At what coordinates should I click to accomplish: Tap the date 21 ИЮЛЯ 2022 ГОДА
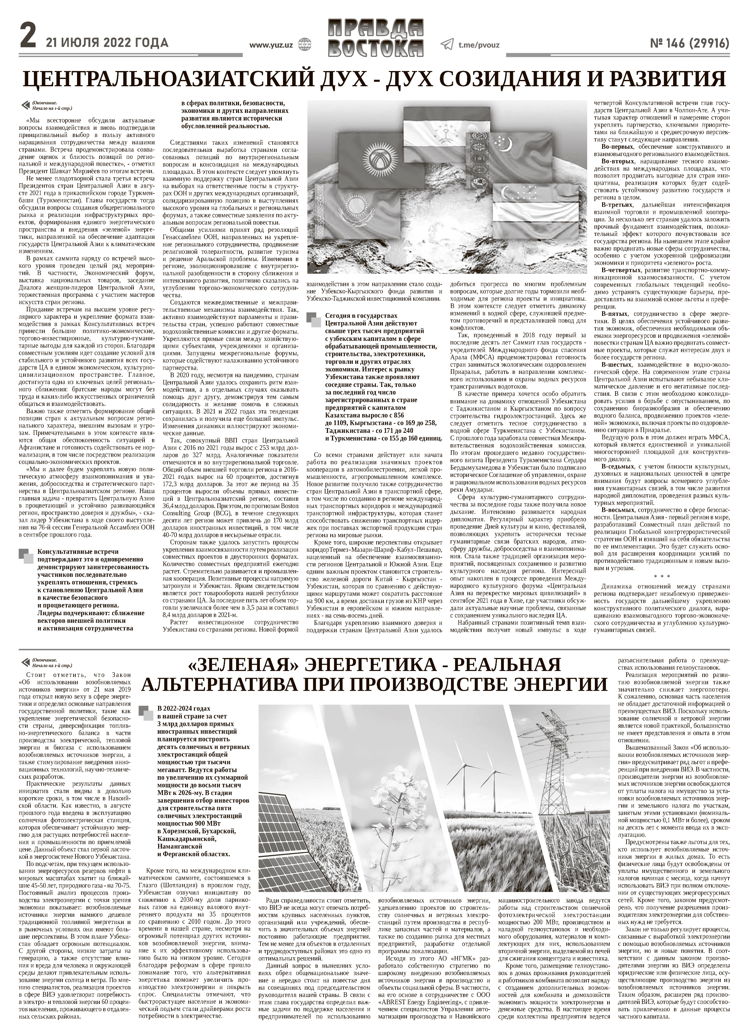106,43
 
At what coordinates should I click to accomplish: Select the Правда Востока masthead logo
376,38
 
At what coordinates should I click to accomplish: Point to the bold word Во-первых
616,147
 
